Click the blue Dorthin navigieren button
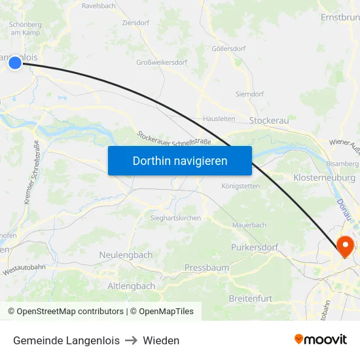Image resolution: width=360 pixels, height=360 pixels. click(x=180, y=160)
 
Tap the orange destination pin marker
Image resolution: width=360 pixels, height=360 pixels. click(x=344, y=246)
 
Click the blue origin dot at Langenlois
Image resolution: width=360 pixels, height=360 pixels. click(x=14, y=62)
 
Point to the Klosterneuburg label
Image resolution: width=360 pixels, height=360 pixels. click(x=325, y=177)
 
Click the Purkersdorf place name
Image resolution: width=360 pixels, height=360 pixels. click(x=255, y=247)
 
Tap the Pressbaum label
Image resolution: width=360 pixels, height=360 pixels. click(x=207, y=268)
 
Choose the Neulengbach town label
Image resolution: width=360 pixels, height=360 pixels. click(x=126, y=255)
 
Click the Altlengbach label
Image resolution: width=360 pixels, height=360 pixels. click(x=131, y=286)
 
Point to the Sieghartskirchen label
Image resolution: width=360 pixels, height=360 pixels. click(x=175, y=218)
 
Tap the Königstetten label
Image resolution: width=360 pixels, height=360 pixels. click(x=240, y=186)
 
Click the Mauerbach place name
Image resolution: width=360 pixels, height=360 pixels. click(x=249, y=225)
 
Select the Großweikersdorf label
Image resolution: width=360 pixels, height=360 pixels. click(x=162, y=63)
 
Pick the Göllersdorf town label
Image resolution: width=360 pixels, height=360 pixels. click(x=228, y=48)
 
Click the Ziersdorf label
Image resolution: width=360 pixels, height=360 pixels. click(x=136, y=22)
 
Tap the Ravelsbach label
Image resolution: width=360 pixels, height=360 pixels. click(x=99, y=6)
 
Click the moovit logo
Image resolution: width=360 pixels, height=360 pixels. click(x=321, y=339)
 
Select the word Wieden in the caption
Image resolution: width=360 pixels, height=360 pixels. click(x=161, y=340)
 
